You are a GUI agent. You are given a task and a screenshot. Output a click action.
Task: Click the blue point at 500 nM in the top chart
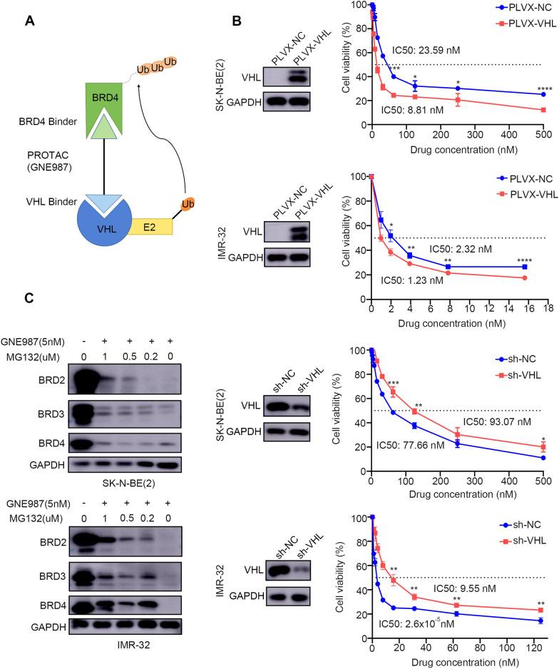543,94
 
